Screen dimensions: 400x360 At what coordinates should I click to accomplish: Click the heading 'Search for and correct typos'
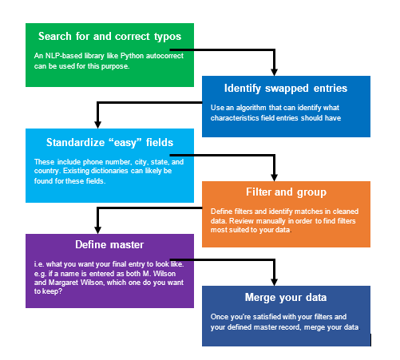109,37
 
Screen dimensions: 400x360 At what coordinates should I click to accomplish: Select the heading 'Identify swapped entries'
286,89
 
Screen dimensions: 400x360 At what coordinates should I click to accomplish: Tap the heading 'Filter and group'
286,192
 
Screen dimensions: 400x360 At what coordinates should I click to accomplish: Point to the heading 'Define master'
109,244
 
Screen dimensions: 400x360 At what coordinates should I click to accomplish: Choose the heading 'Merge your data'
286,298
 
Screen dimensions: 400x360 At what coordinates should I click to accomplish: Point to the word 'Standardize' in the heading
76,143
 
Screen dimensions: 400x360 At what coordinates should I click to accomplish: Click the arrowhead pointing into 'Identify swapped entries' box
274,73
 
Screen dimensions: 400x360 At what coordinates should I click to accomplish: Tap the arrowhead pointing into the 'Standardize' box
98,125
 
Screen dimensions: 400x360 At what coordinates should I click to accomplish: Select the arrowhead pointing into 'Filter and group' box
274,178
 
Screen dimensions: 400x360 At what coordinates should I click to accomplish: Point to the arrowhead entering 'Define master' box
98,231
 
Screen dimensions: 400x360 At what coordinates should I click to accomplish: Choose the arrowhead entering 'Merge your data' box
274,283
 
